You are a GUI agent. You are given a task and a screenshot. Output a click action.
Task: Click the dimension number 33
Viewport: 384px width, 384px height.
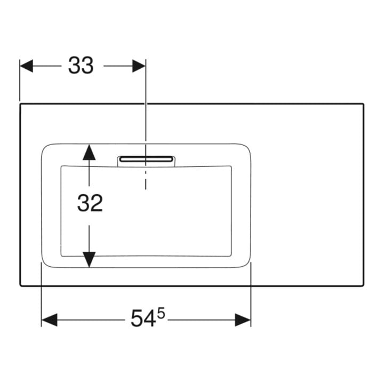pos(81,66)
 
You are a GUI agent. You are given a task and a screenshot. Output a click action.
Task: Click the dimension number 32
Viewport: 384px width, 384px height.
pos(90,203)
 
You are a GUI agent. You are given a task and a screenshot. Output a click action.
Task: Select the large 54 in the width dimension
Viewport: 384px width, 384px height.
pos(143,318)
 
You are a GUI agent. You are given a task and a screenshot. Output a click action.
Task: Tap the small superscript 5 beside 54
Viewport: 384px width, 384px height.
pos(161,314)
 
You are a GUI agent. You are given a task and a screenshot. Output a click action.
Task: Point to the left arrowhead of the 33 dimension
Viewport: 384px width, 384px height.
pos(26,66)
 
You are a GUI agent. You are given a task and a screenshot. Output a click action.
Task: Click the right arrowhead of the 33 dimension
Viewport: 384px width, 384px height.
pos(139,66)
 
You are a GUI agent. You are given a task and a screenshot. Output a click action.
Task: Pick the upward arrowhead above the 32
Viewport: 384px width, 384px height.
pos(89,152)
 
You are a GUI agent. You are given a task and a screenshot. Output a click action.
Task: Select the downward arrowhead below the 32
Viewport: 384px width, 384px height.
pos(89,260)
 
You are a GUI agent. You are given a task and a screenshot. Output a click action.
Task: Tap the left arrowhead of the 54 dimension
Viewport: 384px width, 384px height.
pos(49,320)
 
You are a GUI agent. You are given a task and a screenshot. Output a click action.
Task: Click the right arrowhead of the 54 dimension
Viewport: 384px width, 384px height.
pos(243,320)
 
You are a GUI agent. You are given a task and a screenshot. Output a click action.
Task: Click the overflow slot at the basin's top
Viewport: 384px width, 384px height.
pos(146,159)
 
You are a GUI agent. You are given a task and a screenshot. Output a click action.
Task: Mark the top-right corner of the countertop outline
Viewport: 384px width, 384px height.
pos(364,104)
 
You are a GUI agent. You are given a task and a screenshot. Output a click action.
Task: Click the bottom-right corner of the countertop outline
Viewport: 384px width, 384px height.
pos(364,285)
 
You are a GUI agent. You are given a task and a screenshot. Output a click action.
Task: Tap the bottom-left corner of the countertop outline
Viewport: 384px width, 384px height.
pos(20,285)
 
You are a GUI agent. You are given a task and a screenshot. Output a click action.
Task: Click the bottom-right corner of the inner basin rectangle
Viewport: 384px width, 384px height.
pos(231,256)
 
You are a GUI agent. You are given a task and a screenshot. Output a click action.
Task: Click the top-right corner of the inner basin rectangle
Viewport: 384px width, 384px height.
pos(231,166)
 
